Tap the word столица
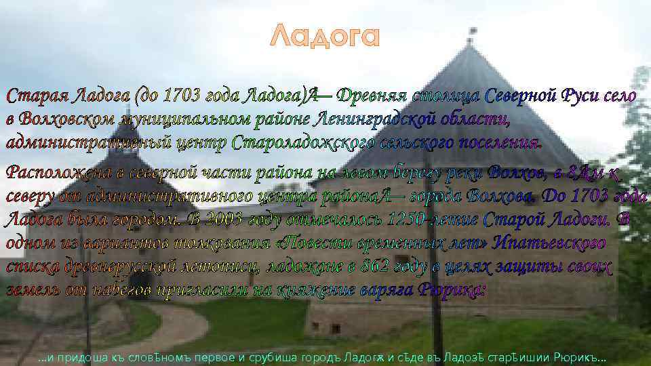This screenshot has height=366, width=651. click(x=448, y=96)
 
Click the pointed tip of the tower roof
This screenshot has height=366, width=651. click(x=469, y=30)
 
